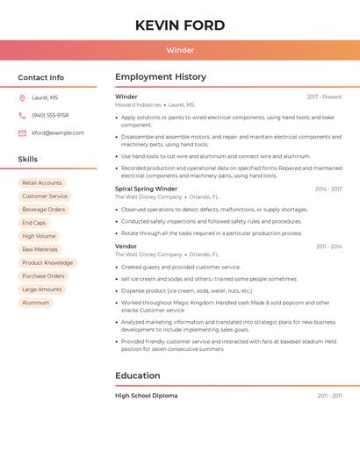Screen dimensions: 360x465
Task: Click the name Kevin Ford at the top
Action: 180,25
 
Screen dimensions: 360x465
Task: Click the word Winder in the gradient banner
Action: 180,50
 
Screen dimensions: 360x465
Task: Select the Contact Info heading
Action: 41,77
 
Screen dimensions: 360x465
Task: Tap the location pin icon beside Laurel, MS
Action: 22,98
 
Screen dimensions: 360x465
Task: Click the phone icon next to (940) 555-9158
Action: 22,116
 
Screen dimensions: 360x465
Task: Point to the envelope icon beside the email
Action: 22,133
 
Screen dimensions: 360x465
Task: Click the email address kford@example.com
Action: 58,133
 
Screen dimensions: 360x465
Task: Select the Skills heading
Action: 28,159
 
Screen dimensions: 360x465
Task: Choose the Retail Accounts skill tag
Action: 42,183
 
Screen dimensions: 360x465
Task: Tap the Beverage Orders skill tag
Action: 44,210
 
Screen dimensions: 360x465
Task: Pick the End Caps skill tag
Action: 34,223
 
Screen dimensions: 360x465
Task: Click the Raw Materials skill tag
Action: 40,249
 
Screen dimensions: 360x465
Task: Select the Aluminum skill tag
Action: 36,303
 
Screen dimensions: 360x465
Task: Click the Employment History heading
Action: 161,77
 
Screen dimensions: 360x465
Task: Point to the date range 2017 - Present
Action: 324,97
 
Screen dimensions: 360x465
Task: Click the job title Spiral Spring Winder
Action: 146,189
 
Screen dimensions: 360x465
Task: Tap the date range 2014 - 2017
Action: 328,189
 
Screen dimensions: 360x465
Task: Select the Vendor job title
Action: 126,247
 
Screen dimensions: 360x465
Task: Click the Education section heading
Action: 137,376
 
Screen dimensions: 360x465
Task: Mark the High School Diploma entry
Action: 146,396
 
